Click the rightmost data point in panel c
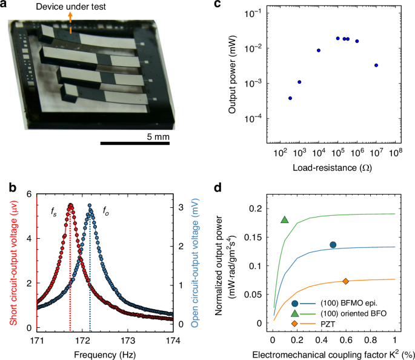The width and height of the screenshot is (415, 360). click(x=376, y=65)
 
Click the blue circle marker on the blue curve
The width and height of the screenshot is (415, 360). click(x=333, y=245)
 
